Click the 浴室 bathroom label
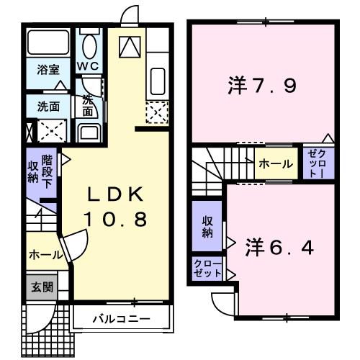pyautogui.click(x=49, y=70)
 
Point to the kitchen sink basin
pyautogui.click(x=157, y=80)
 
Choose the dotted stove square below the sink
pyautogui.click(x=156, y=112)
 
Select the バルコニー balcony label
pyautogui.click(x=120, y=317)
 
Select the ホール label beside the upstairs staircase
pyautogui.click(x=275, y=164)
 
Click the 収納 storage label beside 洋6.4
pyautogui.click(x=207, y=227)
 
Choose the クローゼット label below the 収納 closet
pyautogui.click(x=207, y=271)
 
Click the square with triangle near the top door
pyautogui.click(x=130, y=47)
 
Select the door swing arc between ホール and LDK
pyautogui.click(x=70, y=248)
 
